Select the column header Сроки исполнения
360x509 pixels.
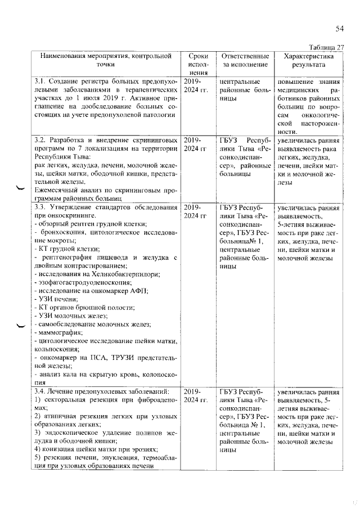point(195,65)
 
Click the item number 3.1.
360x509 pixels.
point(40,82)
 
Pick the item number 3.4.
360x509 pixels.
point(40,391)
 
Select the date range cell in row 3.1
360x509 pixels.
point(195,85)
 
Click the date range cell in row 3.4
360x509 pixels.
point(195,395)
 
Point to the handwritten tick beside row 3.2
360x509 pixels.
point(21,188)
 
